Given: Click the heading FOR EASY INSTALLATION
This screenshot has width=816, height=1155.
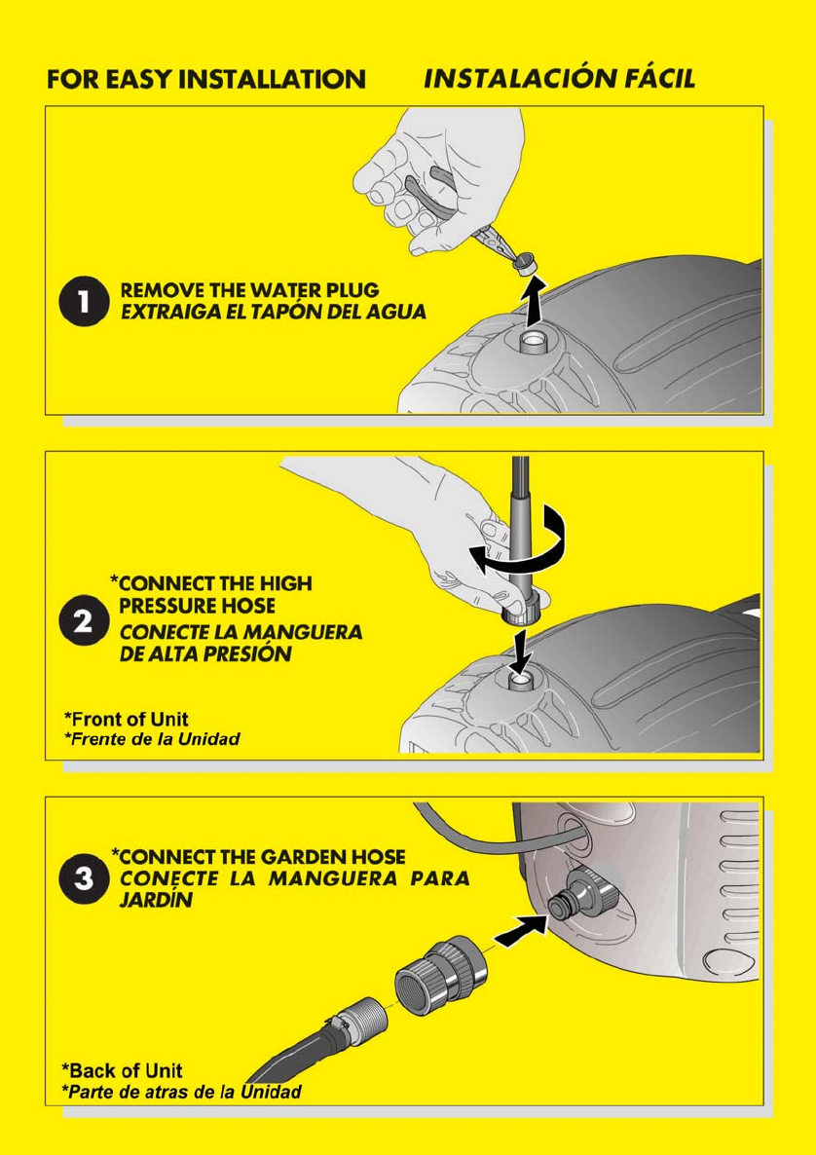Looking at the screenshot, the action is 206,79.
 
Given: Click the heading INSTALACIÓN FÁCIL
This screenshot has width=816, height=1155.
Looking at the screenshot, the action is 560,78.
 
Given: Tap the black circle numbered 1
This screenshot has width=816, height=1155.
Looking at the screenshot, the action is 84,301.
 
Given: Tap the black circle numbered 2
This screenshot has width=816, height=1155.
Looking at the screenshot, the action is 84,621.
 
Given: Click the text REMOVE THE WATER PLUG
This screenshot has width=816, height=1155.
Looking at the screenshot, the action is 249,290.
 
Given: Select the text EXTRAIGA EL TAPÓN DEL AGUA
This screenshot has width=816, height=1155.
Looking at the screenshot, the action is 274,312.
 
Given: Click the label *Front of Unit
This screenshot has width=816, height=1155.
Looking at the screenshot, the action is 126,719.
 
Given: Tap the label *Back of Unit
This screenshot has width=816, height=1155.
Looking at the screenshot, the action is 123,1070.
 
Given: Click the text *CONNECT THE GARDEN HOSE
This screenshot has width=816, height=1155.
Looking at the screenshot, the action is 258,857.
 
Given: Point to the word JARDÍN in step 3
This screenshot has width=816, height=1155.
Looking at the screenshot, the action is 156,900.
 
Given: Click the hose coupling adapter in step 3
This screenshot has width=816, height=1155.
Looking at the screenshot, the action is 442,975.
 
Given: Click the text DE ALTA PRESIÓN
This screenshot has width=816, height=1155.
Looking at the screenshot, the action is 205,653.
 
